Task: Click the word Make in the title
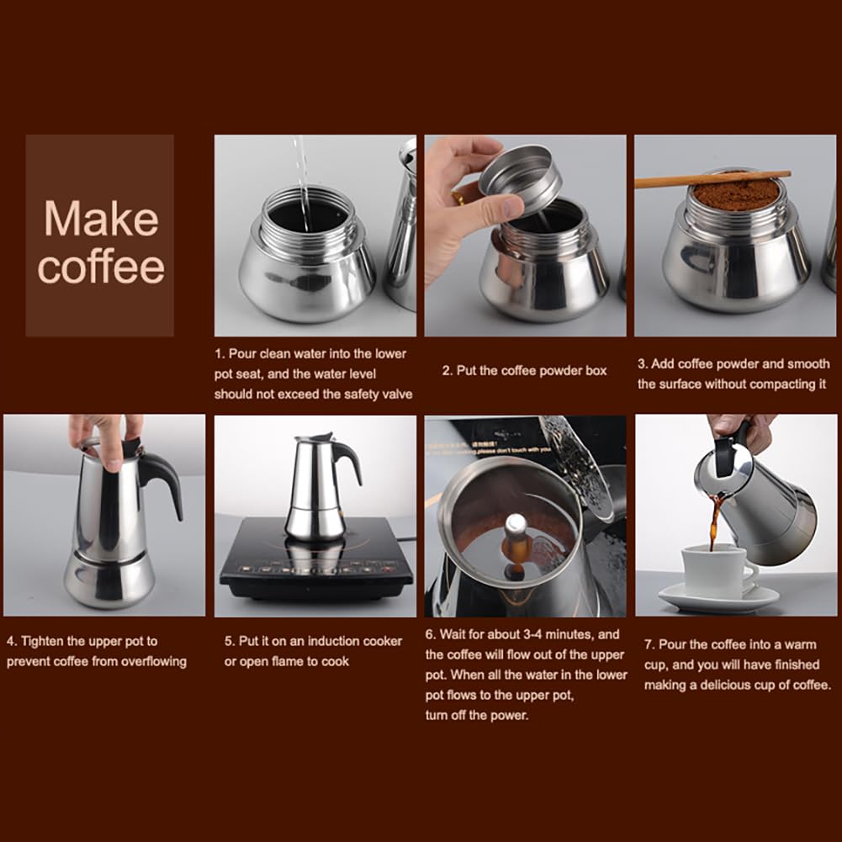pyautogui.click(x=100, y=219)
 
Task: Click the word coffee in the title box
pyautogui.click(x=101, y=267)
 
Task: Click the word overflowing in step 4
pyautogui.click(x=144, y=661)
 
